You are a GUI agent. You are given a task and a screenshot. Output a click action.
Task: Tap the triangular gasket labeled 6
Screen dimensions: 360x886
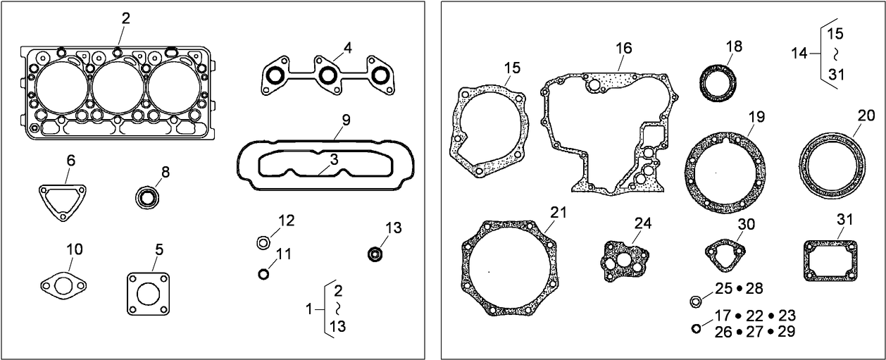click(x=63, y=201)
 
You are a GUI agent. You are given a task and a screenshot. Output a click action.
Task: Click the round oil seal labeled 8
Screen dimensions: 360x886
click(x=148, y=198)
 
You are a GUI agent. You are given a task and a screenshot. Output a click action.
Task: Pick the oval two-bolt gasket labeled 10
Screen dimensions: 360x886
click(x=63, y=285)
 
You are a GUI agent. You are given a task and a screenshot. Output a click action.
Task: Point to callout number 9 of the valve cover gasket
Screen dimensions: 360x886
click(x=346, y=120)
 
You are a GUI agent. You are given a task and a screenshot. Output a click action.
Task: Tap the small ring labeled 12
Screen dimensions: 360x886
click(x=263, y=243)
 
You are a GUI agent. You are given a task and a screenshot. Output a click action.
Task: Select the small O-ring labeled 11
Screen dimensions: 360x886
click(x=264, y=273)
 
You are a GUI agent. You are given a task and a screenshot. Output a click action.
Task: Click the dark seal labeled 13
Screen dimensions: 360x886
click(x=375, y=253)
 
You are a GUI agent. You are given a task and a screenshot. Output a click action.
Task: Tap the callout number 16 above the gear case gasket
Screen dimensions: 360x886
click(x=623, y=48)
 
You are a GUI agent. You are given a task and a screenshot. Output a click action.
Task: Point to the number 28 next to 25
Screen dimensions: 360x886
click(x=754, y=288)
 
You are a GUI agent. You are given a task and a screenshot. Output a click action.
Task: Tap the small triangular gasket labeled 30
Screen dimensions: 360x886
click(x=725, y=254)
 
